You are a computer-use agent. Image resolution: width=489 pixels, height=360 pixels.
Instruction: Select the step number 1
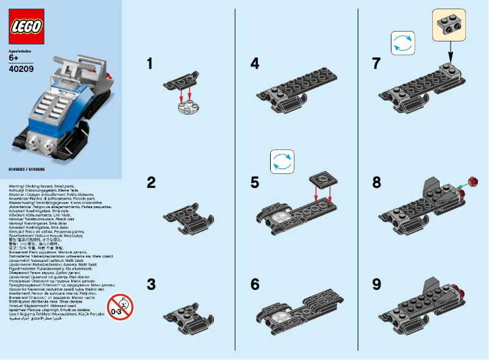[150, 63]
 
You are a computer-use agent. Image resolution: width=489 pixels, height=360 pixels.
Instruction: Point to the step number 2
[151, 182]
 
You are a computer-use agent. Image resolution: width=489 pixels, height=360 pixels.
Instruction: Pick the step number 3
[151, 284]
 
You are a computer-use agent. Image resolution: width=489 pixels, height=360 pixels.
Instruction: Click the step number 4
[255, 63]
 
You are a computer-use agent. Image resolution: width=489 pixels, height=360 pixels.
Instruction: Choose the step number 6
[255, 284]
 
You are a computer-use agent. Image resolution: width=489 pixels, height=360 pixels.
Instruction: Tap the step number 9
[376, 284]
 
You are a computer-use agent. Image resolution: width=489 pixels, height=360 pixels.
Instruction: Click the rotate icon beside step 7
[402, 45]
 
